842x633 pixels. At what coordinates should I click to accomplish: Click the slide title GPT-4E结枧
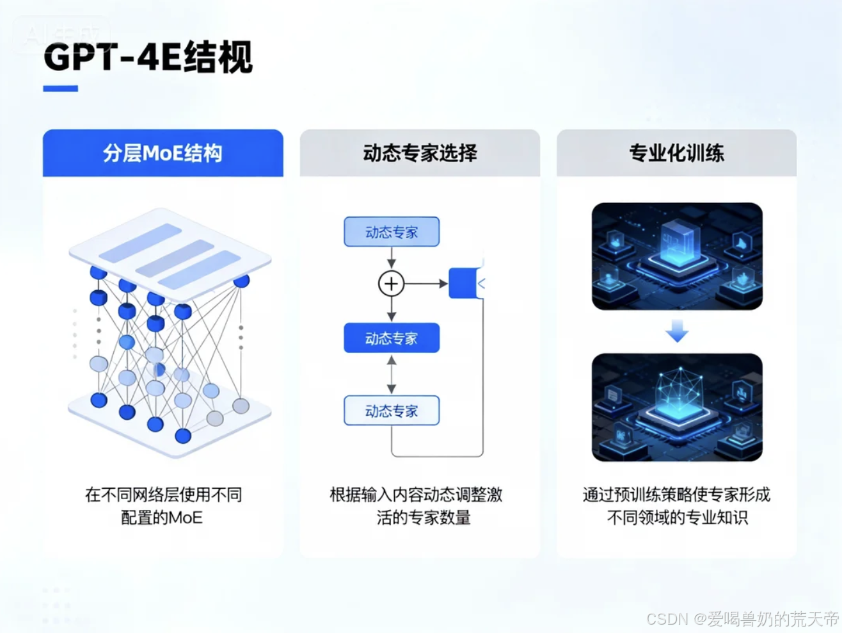pos(148,58)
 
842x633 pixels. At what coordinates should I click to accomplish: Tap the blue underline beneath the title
pos(61,89)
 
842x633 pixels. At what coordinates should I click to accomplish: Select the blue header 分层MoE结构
pos(163,153)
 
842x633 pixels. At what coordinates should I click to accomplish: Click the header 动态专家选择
pos(420,153)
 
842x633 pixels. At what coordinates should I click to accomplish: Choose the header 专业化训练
pos(676,153)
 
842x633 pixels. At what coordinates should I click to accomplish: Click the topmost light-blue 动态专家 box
pos(392,232)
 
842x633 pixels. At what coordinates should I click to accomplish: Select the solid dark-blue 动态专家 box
pos(392,338)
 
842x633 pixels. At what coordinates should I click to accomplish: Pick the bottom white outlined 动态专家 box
pos(392,411)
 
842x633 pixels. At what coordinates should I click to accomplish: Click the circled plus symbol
pos(392,283)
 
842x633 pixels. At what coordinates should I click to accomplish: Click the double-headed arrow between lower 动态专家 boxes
pos(392,374)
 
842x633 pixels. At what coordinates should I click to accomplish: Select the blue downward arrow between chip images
pos(676,332)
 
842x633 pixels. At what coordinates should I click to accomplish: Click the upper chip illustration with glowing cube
pos(677,256)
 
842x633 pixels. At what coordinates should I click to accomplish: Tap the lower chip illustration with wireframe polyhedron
pos(677,407)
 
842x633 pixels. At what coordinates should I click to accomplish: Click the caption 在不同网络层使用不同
pos(163,495)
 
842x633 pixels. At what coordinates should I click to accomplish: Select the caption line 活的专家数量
pos(424,518)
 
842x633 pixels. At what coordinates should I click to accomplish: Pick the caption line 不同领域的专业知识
pos(677,518)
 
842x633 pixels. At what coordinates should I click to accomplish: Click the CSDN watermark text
pos(742,619)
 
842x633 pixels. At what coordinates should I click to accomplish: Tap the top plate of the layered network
pos(170,247)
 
